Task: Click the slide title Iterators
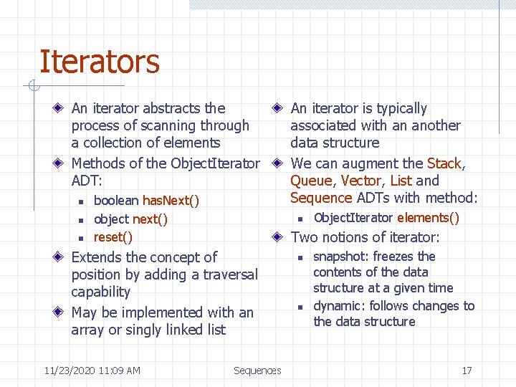pyautogui.click(x=99, y=62)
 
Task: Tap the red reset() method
pyautogui.click(x=113, y=237)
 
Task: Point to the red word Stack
pyautogui.click(x=445, y=163)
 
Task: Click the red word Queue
pyautogui.click(x=311, y=181)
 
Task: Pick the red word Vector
pyautogui.click(x=362, y=181)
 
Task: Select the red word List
pyautogui.click(x=401, y=181)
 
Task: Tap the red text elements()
pyautogui.click(x=428, y=218)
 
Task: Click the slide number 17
pyautogui.click(x=467, y=371)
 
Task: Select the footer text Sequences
pyautogui.click(x=257, y=371)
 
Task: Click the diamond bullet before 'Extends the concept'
pyautogui.click(x=59, y=257)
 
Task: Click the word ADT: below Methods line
pyautogui.click(x=86, y=181)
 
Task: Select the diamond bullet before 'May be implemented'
pyautogui.click(x=59, y=313)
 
